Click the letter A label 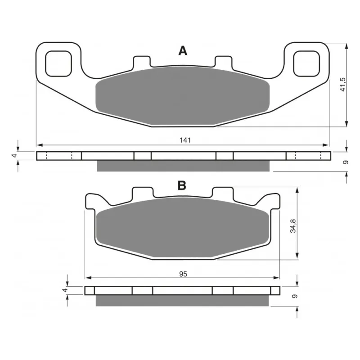click(x=183, y=51)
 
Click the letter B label click(x=182, y=185)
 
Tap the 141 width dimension click(x=185, y=140)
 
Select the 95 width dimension click(x=183, y=274)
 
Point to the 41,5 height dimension click(x=342, y=85)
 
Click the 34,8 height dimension click(x=293, y=226)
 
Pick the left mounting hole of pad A click(x=58, y=63)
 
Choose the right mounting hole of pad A click(x=306, y=63)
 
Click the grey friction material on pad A click(x=183, y=96)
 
